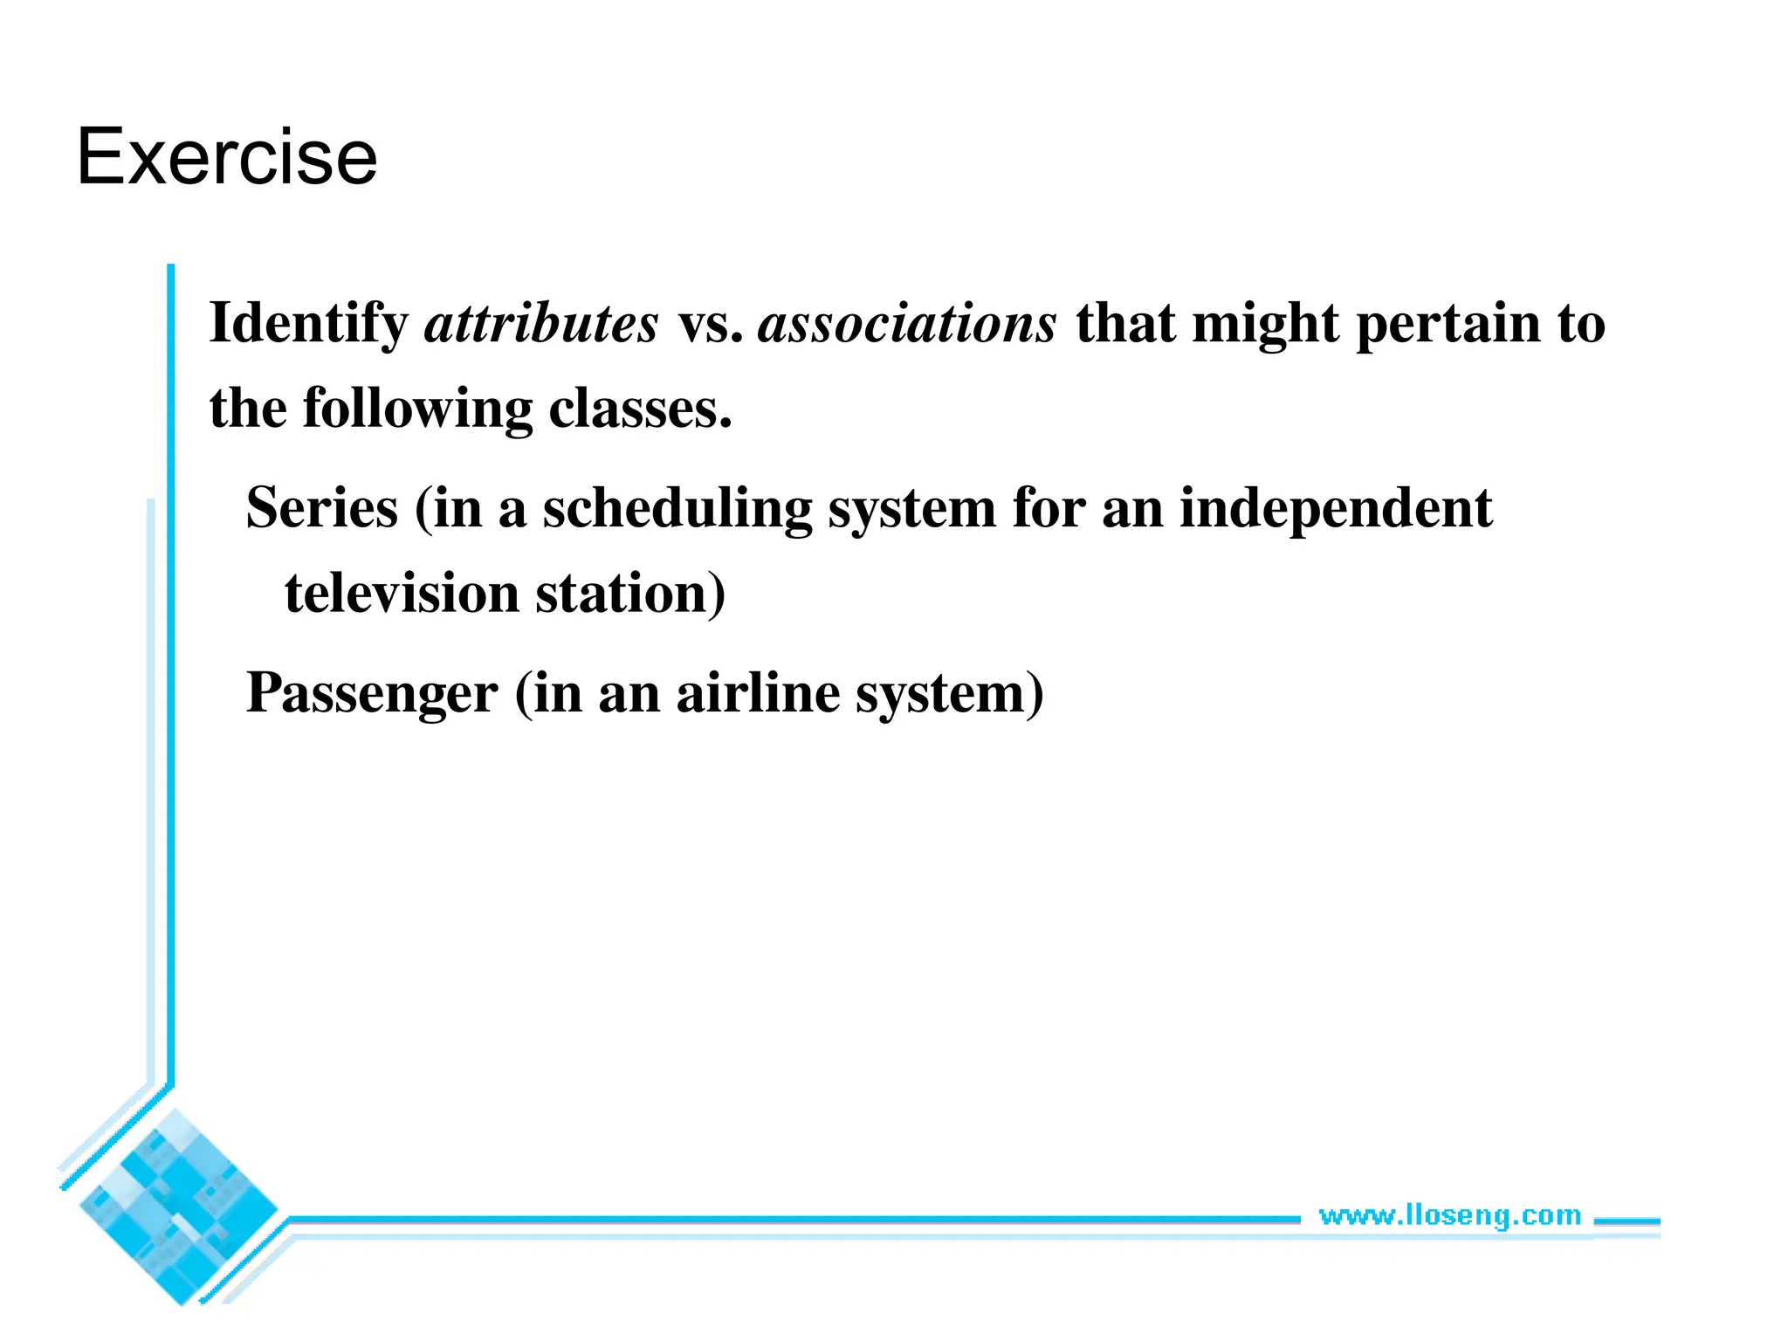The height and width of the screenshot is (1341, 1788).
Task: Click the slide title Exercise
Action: [227, 157]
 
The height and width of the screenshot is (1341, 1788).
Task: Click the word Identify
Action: [308, 324]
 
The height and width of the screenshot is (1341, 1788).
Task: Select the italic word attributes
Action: [540, 324]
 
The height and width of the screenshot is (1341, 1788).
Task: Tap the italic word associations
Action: [907, 324]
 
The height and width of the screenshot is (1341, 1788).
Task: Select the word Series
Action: [322, 508]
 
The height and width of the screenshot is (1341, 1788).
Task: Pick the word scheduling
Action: [677, 508]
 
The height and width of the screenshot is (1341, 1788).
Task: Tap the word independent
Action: [1335, 508]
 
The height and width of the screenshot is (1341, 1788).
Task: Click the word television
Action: [402, 594]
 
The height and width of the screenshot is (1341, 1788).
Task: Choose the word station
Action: [629, 594]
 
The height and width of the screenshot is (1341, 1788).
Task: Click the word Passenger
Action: [372, 693]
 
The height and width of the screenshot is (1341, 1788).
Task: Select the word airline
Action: [757, 693]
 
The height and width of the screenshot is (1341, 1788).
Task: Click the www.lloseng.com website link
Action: [1449, 1214]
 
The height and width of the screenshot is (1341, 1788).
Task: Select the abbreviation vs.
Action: [711, 324]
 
